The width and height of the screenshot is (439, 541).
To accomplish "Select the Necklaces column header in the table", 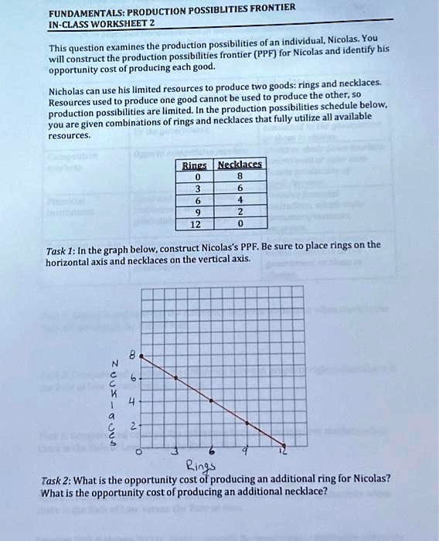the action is [240, 165].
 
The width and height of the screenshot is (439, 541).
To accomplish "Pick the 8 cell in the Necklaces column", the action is [240, 175].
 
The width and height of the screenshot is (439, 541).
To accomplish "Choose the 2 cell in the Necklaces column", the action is [240, 212].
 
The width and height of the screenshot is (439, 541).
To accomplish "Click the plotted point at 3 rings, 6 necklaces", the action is [177, 378].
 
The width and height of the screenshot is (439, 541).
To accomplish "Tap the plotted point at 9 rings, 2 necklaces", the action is [247, 424].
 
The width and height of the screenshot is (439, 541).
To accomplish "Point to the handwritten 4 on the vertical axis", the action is [132, 402].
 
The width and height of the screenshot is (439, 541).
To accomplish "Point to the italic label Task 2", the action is [56, 478].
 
